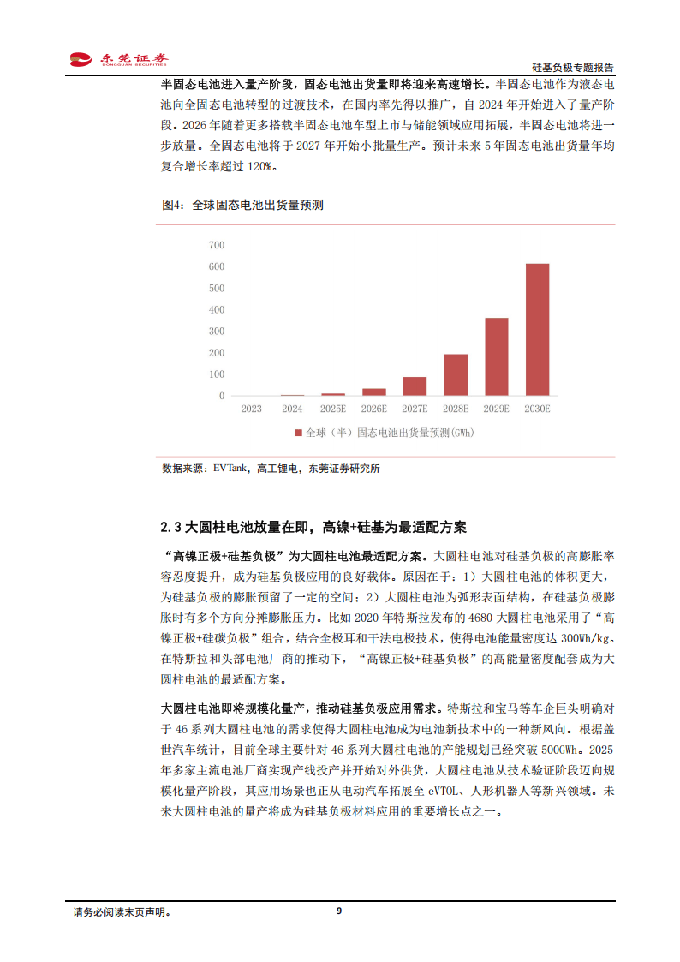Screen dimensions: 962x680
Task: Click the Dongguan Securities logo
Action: click(119, 59)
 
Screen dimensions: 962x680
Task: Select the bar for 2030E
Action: click(537, 330)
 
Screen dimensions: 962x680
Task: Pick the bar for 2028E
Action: click(456, 375)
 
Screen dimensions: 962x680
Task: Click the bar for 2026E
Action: click(374, 392)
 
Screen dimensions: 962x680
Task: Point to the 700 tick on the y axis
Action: click(216, 246)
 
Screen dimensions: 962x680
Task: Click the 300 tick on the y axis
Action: click(216, 332)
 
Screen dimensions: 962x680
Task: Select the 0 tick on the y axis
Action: click(222, 396)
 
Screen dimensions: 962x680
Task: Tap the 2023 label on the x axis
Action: click(251, 409)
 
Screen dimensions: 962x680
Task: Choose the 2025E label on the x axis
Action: click(333, 409)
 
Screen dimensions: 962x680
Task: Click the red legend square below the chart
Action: click(298, 433)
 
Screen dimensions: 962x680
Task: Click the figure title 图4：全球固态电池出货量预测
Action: click(242, 206)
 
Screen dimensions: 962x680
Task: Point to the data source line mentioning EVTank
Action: click(271, 469)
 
